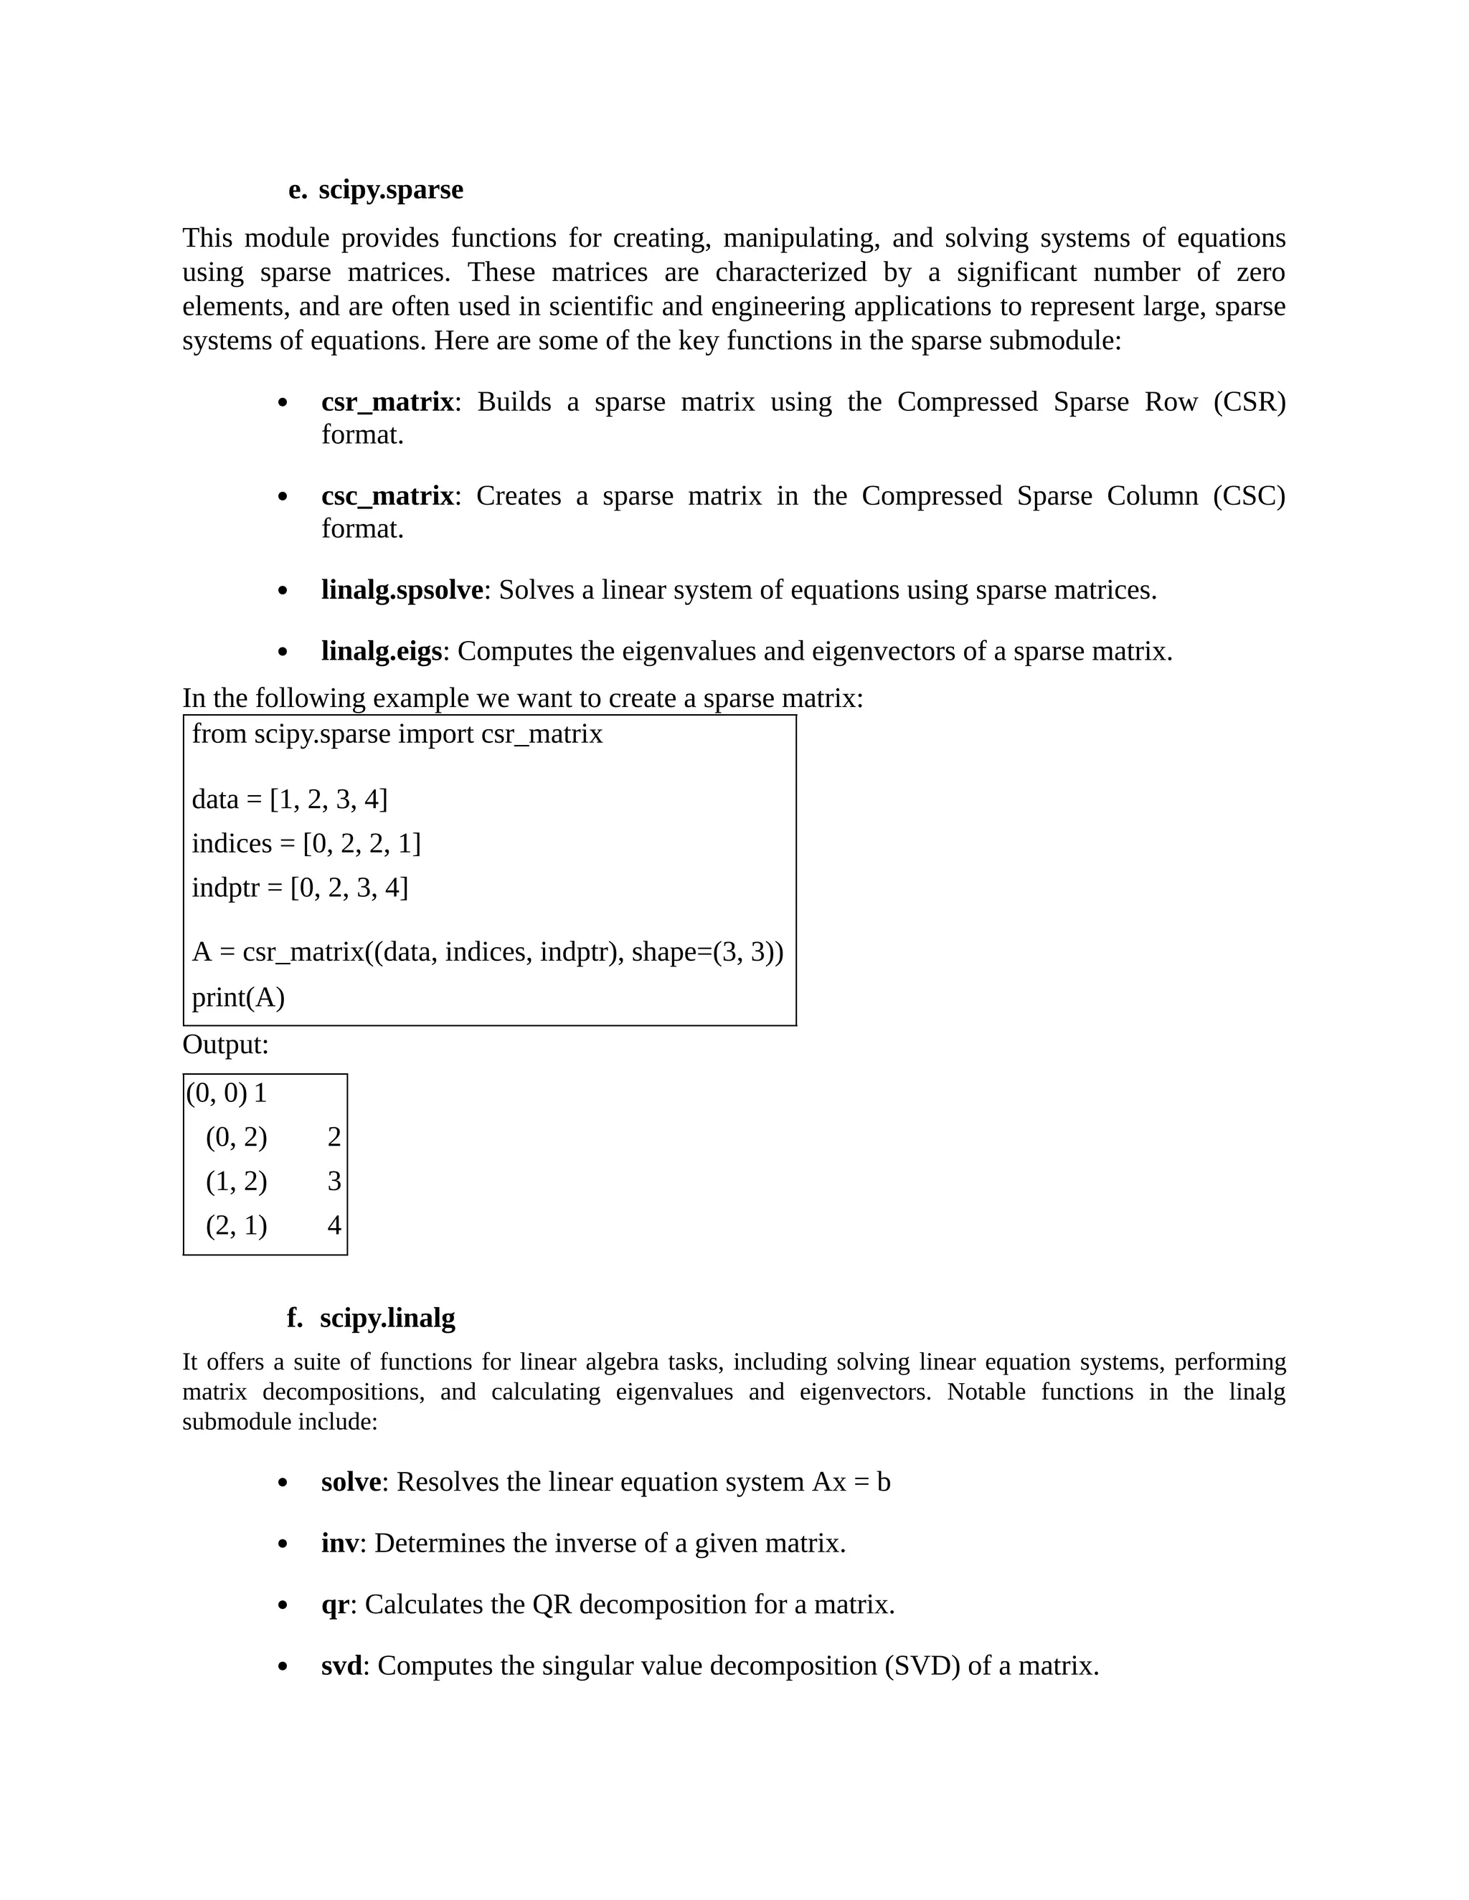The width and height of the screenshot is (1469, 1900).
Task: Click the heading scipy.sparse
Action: [x=390, y=190]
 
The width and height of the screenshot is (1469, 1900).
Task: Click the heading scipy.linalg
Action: [x=387, y=1317]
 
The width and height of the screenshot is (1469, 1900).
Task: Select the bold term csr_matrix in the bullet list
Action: [x=387, y=402]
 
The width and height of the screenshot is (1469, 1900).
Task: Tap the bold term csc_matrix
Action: [x=387, y=496]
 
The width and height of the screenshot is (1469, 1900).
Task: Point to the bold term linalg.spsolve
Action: [x=402, y=590]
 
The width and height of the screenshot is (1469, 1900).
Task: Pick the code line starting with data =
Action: [x=289, y=799]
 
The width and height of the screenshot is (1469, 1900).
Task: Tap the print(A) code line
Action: [x=237, y=997]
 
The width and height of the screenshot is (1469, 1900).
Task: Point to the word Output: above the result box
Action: [x=225, y=1045]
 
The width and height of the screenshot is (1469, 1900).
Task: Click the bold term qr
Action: [x=335, y=1604]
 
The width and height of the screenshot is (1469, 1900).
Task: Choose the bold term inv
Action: [x=339, y=1544]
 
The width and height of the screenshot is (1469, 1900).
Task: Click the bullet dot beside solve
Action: [x=282, y=1483]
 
